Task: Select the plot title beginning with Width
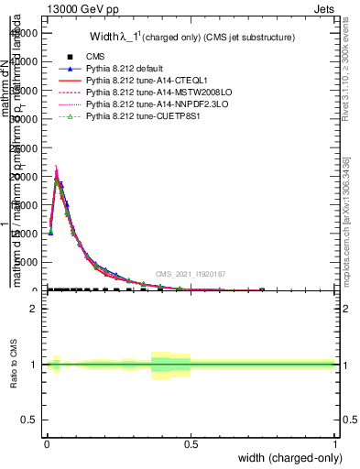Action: [192, 38]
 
